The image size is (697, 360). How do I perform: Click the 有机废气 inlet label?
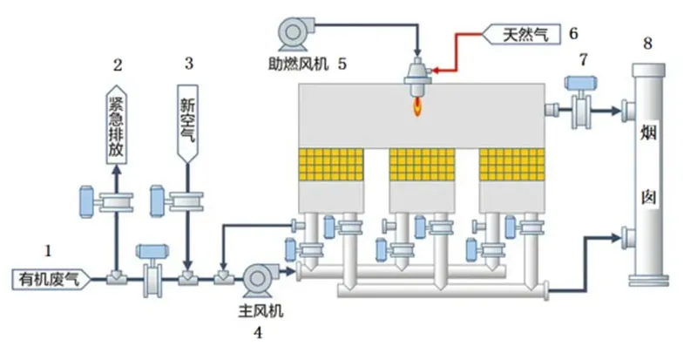pos(47,279)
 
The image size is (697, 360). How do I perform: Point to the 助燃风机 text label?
pos(301,63)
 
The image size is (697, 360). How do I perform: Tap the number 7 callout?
pos(583,58)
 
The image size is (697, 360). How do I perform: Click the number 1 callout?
pos(49,250)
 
